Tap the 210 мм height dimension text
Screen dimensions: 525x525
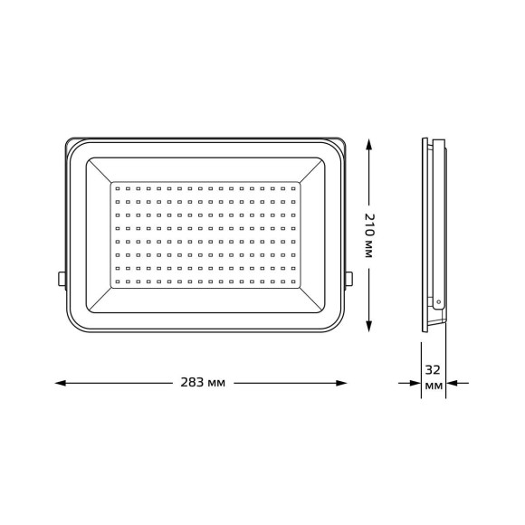click(x=368, y=237)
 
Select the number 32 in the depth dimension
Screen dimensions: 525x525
click(x=434, y=370)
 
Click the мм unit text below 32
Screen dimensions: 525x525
click(x=434, y=387)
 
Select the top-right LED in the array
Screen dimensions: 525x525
click(x=293, y=188)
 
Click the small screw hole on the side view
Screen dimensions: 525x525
click(x=439, y=300)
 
